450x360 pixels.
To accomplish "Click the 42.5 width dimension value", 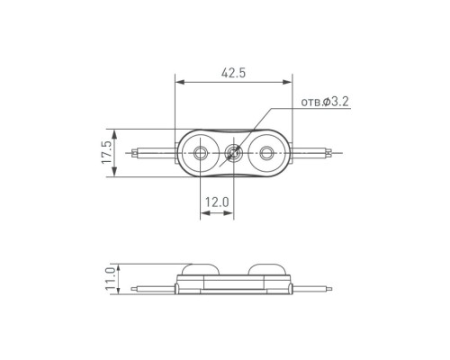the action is point(233,73).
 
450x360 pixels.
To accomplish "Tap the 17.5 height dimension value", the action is point(107,152).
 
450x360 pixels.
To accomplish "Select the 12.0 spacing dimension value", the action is point(217,202).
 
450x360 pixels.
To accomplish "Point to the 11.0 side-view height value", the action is point(111,279).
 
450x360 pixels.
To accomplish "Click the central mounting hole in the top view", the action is point(233,153).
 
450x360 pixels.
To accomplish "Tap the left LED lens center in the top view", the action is point(200,153).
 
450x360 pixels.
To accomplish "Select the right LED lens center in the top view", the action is point(265,153).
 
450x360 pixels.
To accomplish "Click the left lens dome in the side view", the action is point(201,269).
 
